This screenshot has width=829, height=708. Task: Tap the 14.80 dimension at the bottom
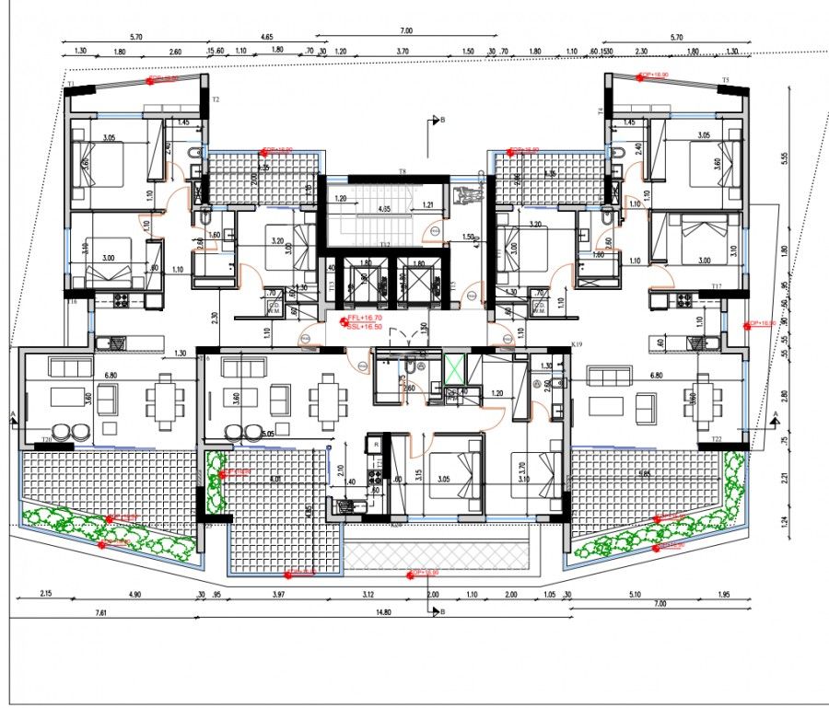(382, 611)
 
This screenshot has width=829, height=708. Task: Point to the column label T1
(70, 84)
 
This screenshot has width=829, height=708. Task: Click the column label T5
(725, 81)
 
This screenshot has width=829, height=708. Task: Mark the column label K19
(578, 343)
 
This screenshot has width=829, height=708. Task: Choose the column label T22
(716, 440)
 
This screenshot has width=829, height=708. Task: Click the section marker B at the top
(442, 120)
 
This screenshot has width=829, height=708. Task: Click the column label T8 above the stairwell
(402, 172)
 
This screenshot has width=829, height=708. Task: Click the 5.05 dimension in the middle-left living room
(267, 433)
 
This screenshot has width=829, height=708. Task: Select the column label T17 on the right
(715, 286)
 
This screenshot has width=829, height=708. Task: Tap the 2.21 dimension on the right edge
(784, 477)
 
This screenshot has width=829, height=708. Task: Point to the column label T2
(216, 99)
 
